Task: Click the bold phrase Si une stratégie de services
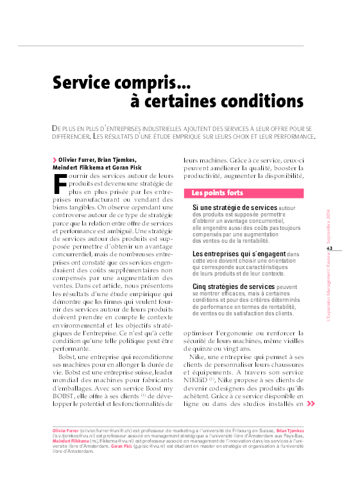coord(235,208)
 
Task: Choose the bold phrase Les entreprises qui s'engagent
coord(240,254)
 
